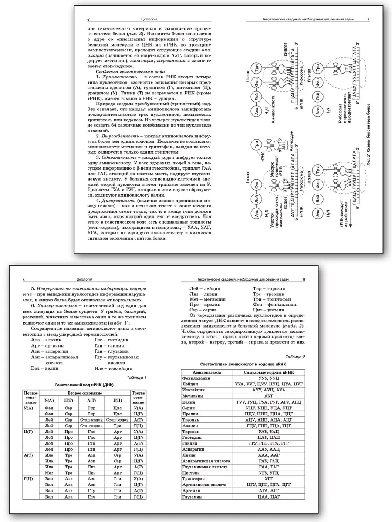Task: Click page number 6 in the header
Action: click(88, 20)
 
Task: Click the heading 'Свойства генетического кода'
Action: click(127, 71)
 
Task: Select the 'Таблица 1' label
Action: click(136, 377)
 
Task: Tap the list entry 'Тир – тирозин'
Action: click(268, 288)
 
